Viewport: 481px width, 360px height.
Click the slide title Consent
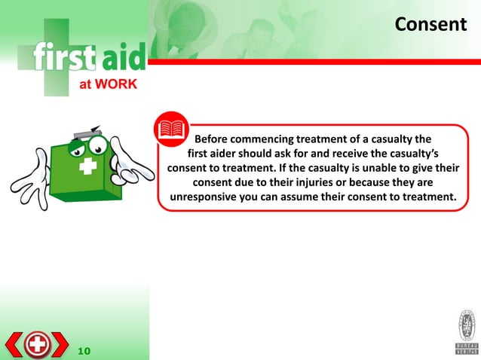point(430,24)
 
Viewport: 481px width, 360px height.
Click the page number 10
point(84,350)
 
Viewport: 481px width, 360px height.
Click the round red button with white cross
point(38,345)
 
